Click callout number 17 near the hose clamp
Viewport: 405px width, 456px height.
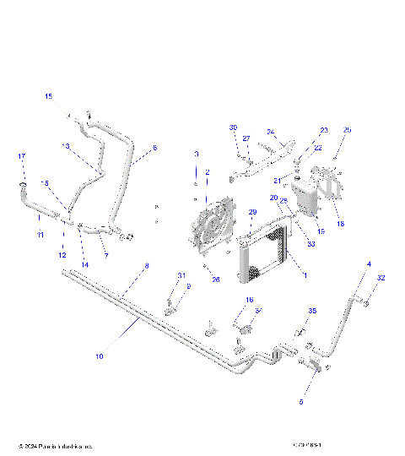(x=22, y=156)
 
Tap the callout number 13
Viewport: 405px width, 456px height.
(x=65, y=145)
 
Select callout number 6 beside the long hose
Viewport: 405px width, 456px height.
(x=154, y=148)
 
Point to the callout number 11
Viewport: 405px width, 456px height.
(x=40, y=235)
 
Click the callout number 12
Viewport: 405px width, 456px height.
(x=62, y=255)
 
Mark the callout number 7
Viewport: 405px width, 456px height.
(x=105, y=255)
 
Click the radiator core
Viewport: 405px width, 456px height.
(x=268, y=253)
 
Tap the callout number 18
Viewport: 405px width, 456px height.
(x=340, y=225)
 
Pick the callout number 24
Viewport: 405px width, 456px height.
(x=271, y=132)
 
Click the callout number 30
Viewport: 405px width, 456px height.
(x=233, y=128)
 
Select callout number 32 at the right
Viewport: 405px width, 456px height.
(x=381, y=278)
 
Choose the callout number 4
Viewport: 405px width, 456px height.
(x=368, y=264)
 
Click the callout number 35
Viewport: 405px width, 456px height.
(x=311, y=312)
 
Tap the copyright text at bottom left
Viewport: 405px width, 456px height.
(x=55, y=445)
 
